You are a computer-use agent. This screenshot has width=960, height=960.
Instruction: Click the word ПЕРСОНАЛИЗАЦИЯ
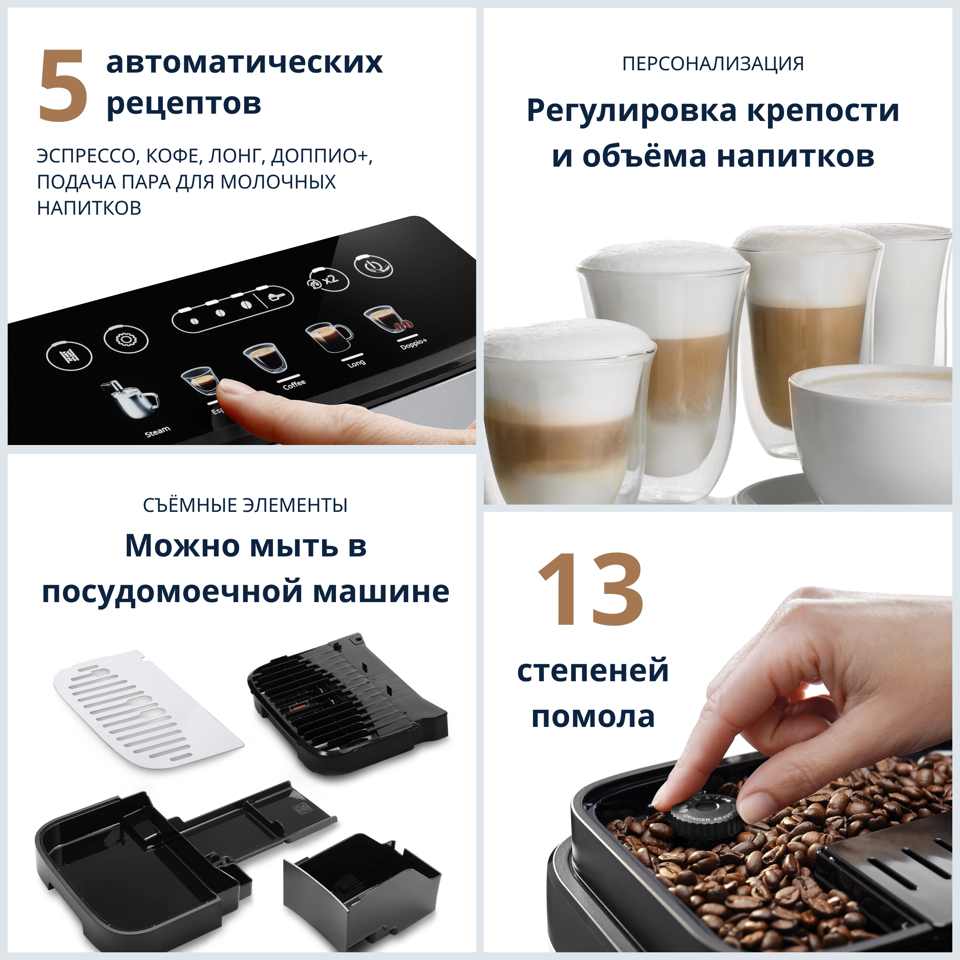coord(713,64)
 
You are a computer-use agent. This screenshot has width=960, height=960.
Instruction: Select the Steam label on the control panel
coord(157,431)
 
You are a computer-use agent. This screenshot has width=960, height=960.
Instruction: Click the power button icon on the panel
coord(373,267)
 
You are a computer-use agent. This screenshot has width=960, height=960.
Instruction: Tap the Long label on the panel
coord(356,364)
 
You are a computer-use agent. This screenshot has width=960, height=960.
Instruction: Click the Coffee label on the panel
coord(294,384)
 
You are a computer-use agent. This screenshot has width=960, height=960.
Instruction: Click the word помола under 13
coord(593,717)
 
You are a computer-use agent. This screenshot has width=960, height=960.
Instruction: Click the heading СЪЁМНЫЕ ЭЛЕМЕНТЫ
coord(245,505)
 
